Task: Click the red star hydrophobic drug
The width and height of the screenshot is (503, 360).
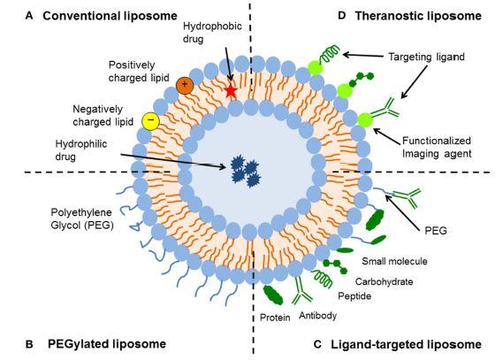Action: point(231,91)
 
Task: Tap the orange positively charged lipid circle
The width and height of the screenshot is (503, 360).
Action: point(185,85)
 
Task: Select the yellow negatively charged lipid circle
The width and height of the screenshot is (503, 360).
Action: point(151,121)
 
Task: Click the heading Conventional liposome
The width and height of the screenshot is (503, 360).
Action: point(110,16)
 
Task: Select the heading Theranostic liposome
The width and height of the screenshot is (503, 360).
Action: point(418,15)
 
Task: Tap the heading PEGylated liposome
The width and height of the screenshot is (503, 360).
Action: point(107,344)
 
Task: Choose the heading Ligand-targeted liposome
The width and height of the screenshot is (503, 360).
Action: point(406,344)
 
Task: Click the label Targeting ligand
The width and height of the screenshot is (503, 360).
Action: point(426,57)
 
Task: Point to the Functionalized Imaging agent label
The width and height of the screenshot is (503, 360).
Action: point(437,147)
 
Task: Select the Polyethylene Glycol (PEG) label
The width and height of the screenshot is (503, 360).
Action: point(82,218)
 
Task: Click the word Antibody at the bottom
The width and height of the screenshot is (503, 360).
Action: point(317,316)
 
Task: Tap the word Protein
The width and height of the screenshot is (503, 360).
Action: point(275,318)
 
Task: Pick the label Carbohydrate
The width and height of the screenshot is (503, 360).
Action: point(384,281)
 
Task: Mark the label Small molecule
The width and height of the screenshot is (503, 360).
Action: point(394,261)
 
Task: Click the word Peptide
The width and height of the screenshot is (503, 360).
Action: point(354,295)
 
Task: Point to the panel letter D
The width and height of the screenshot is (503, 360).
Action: point(342,15)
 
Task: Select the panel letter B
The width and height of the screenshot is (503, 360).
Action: point(29,344)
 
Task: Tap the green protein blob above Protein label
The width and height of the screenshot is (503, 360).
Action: point(273,295)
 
